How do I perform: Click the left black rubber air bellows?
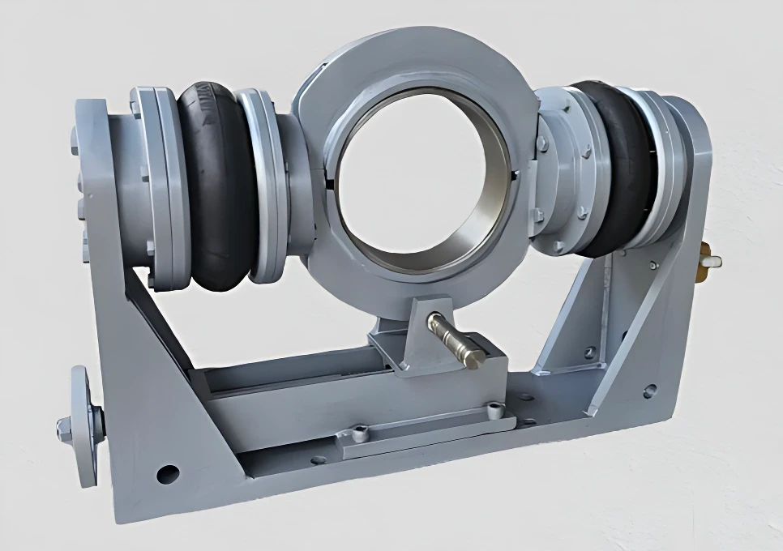coord(216,186)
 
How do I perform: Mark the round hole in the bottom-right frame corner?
coord(649,391)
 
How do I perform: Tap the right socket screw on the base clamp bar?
coord(491,408)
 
